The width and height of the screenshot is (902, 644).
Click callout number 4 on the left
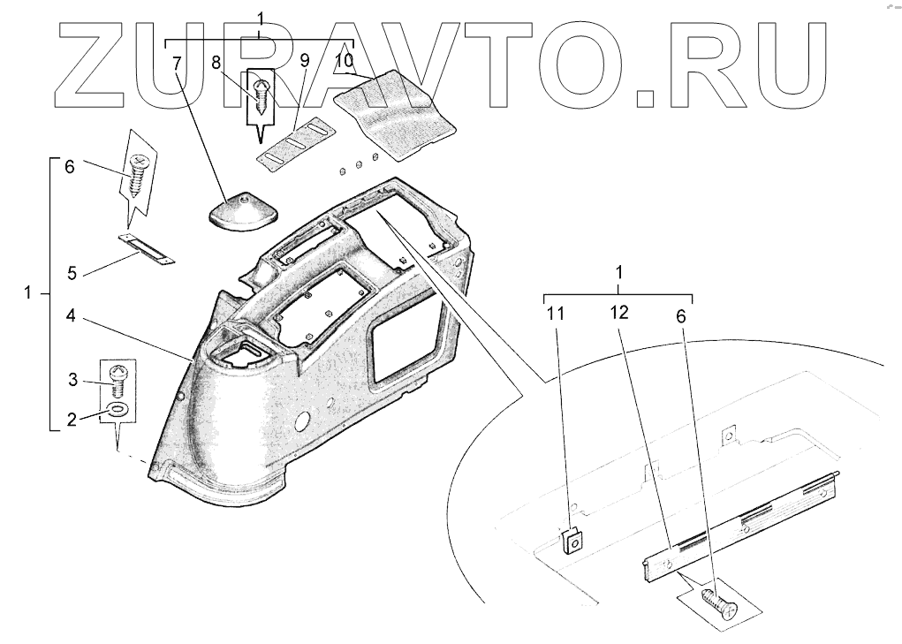click(71, 314)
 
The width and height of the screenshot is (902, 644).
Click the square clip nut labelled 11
click(572, 539)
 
